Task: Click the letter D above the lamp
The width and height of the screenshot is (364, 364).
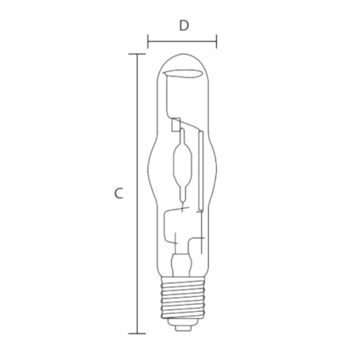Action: pos(184,25)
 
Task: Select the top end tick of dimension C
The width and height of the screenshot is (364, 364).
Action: pos(139,54)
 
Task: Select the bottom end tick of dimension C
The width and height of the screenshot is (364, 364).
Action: pos(139,333)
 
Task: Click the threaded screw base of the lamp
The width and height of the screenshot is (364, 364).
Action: pos(182,305)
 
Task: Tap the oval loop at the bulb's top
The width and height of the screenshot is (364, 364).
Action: pos(183,75)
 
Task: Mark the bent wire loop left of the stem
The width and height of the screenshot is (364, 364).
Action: pos(168,229)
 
